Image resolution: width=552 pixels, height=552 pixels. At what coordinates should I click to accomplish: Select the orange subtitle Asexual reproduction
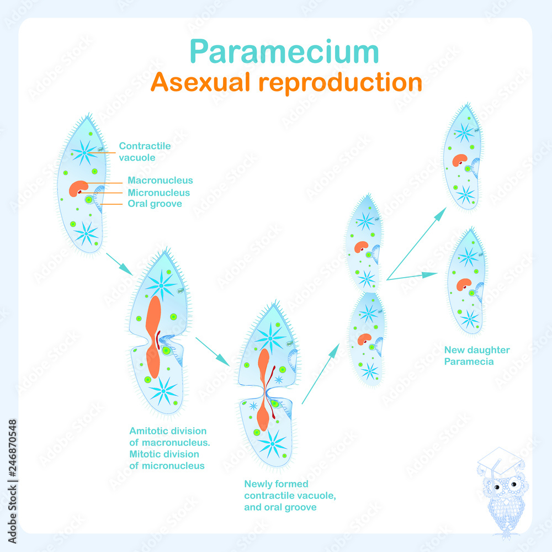click(286, 82)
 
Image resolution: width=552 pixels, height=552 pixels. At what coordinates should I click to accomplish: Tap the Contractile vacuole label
click(145, 151)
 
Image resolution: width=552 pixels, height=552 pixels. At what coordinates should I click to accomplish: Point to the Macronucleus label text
click(160, 181)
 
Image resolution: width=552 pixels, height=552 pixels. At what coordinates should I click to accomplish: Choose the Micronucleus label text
click(158, 193)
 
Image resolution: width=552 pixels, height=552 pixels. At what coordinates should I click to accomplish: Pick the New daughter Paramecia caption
click(477, 355)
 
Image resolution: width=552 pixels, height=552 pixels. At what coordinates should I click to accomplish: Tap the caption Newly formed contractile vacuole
click(290, 495)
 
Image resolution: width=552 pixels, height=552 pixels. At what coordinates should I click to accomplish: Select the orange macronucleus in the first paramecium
click(77, 188)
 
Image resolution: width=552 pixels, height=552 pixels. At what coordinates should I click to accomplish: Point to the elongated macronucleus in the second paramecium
click(153, 337)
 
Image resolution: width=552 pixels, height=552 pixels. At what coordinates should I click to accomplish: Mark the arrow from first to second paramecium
click(119, 263)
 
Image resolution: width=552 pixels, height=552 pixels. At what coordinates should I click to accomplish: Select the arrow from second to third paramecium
click(213, 351)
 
